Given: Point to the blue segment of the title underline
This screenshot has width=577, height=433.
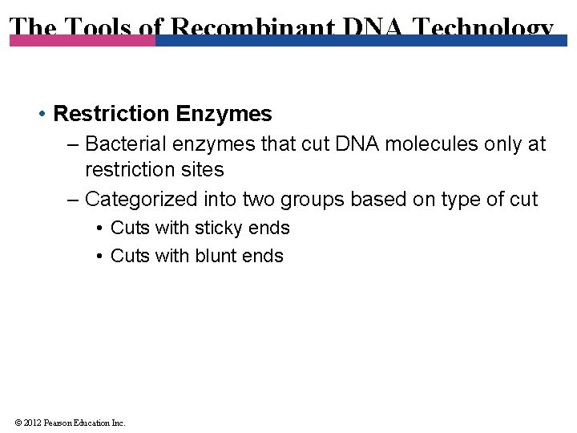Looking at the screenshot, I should click(x=361, y=40).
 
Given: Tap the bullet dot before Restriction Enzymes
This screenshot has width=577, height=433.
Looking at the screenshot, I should click(x=41, y=115).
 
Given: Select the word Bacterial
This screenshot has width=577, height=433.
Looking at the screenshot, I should click(x=123, y=144).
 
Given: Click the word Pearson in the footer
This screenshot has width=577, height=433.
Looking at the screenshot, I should click(x=59, y=423).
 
